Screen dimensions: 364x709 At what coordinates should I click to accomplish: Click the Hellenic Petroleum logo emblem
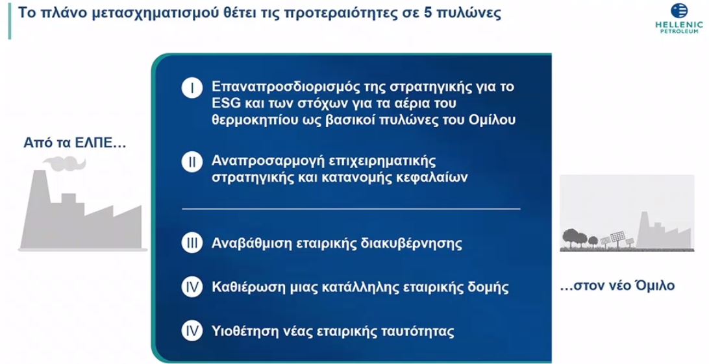click(679, 11)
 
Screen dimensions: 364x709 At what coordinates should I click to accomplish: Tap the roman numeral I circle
click(192, 88)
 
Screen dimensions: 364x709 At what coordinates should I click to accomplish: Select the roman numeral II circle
click(192, 162)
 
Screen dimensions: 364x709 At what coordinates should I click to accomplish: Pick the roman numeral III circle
click(192, 243)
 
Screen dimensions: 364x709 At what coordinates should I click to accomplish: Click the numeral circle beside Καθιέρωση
click(192, 286)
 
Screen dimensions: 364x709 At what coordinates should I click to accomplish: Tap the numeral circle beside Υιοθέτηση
click(192, 330)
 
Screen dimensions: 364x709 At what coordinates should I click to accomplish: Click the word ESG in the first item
click(226, 103)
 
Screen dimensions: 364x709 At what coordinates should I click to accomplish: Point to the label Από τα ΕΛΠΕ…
click(74, 143)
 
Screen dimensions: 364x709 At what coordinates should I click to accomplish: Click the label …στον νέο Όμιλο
click(617, 285)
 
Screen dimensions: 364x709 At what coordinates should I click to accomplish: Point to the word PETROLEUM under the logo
click(679, 30)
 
